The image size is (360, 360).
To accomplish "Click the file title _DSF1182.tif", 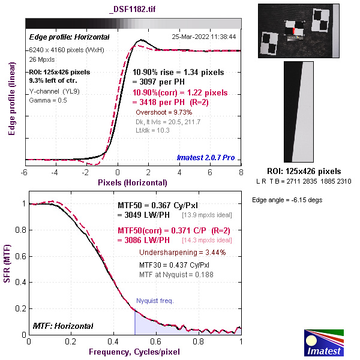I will [x=134, y=10].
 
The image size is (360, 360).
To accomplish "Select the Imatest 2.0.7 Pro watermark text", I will [x=206, y=158].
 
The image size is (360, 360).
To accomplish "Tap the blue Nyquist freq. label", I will [x=155, y=301].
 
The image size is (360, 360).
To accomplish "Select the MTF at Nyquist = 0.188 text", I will [x=176, y=274].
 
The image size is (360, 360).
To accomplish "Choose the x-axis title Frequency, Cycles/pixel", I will [x=133, y=351].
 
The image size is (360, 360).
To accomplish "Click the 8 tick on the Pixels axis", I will [x=241, y=172].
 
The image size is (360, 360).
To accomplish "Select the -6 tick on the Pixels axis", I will [x=24, y=172].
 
